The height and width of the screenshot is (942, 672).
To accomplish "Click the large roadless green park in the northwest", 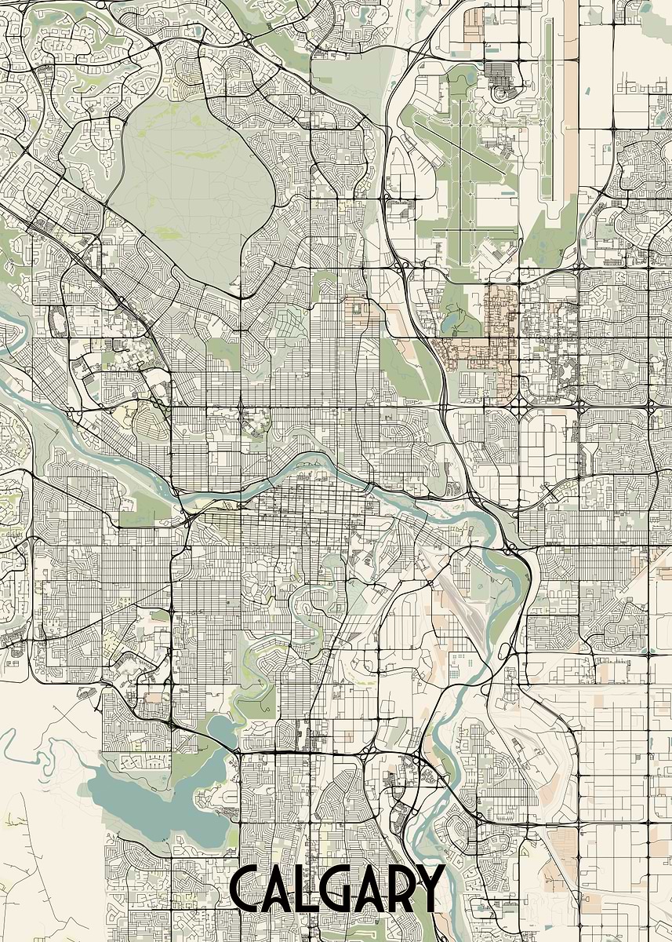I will (192, 188).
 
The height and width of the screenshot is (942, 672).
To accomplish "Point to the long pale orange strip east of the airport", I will (570, 94).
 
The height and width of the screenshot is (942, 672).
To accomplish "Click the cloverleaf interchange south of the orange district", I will (521, 400).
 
